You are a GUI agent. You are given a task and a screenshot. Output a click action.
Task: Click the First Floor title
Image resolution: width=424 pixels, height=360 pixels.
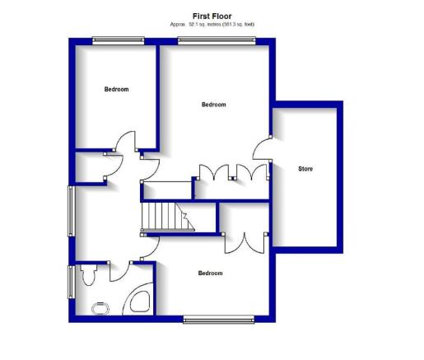point(212,16)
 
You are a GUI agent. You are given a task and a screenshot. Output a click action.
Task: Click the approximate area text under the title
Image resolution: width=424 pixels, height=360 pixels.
point(212,25)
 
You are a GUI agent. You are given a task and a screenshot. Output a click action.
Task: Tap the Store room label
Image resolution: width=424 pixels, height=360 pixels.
point(305,169)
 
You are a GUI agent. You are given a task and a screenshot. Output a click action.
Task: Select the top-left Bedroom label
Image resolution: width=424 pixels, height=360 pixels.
point(116,89)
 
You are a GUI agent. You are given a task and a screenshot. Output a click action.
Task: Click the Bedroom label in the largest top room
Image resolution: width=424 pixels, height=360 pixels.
point(214,105)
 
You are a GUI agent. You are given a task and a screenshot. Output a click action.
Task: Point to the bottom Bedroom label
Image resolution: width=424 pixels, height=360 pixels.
point(210,274)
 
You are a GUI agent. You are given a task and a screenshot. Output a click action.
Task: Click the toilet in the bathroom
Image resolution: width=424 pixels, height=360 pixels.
point(88,274)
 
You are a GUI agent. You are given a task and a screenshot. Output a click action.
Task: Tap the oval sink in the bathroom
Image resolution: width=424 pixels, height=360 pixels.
point(100,309)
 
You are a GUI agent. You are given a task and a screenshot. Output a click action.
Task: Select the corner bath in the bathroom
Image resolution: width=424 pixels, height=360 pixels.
point(138,299)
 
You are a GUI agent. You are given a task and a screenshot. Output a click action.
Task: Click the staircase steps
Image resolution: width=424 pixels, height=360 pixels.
point(167,217)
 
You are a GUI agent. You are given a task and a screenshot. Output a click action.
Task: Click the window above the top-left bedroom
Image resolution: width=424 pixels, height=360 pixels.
point(119,40)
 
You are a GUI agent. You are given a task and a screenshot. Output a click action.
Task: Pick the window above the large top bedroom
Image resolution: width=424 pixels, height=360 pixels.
point(217,40)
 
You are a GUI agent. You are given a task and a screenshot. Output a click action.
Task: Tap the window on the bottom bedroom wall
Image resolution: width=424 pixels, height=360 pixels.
point(219,320)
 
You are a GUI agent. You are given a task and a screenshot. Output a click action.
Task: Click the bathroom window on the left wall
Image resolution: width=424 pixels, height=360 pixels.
point(72,282)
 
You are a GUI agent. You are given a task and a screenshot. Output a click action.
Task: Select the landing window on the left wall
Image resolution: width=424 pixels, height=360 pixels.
point(71,211)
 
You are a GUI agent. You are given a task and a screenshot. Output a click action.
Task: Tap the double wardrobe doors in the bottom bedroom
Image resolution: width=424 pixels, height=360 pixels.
point(245,243)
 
